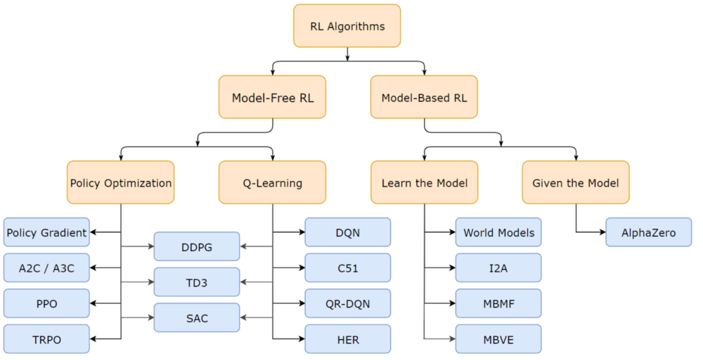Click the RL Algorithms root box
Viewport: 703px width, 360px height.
point(347,26)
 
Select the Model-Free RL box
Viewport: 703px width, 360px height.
point(273,97)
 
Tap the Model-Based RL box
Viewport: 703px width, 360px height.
point(424,97)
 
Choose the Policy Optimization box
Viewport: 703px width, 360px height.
point(121,183)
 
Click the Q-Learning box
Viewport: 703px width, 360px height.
point(273,183)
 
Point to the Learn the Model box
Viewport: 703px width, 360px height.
point(424,183)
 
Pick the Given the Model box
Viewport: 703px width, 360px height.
point(576,183)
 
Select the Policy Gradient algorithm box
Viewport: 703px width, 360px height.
point(46,232)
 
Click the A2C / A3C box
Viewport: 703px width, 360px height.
point(46,268)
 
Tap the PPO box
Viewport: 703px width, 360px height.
point(46,303)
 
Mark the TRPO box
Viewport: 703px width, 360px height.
point(46,339)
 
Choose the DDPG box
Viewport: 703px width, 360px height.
point(197,247)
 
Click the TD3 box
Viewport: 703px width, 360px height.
point(197,282)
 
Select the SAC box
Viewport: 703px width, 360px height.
point(197,318)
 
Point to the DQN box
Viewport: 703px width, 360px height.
point(347,232)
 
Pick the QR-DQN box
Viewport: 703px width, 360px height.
point(347,303)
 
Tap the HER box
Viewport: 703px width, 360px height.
point(347,339)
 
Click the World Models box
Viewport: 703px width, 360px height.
point(498,232)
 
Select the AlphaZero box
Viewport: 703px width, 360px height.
point(648,232)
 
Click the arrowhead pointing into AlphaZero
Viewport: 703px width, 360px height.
point(602,232)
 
